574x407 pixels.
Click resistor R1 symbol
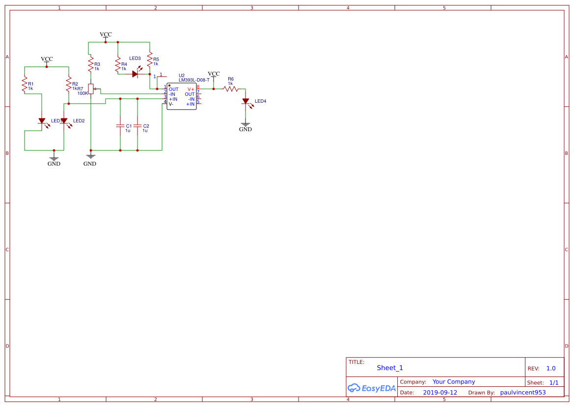[x=24, y=86]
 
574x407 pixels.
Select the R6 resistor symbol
[x=230, y=89]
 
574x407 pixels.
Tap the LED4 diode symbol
[x=246, y=102]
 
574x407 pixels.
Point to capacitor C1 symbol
[x=120, y=126]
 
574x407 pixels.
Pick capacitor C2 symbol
[x=137, y=126]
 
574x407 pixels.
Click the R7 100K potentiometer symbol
[x=91, y=89]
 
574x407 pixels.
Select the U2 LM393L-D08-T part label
[x=193, y=80]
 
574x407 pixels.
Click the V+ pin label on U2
[x=191, y=89]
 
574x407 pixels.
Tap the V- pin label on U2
[x=171, y=104]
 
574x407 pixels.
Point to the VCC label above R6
[x=214, y=74]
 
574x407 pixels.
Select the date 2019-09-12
[x=440, y=393]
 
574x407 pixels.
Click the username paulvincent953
[x=522, y=393]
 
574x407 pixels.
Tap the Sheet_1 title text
[x=390, y=368]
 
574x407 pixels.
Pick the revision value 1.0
[x=551, y=368]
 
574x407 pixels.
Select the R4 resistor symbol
[x=118, y=64]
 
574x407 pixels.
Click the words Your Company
[x=454, y=381]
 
